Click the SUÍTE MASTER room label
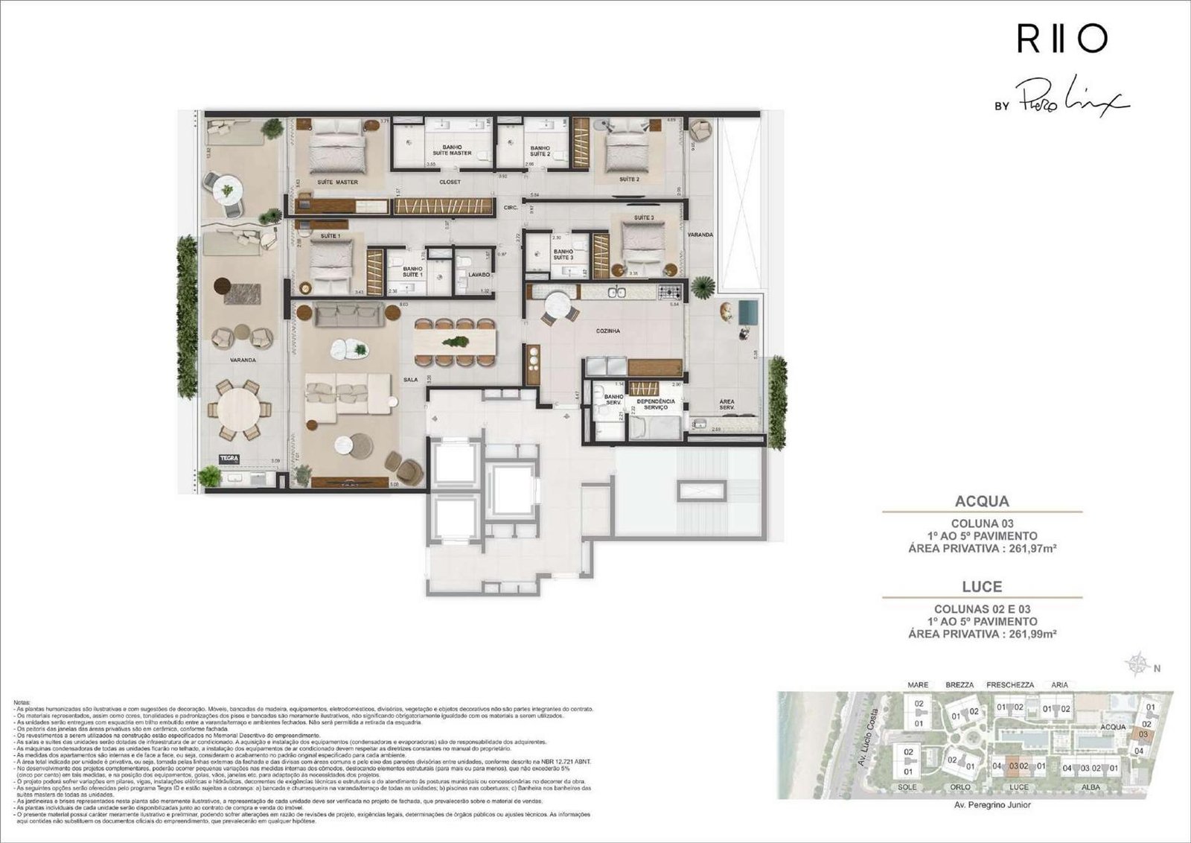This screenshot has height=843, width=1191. click(337, 182)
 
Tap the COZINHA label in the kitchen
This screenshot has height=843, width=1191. click(608, 331)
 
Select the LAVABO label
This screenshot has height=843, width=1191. click(479, 275)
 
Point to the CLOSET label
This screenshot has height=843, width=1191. click(450, 182)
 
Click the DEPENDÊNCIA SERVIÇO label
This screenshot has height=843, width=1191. click(656, 404)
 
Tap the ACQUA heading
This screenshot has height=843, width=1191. click(982, 501)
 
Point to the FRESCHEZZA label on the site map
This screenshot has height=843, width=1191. click(1010, 685)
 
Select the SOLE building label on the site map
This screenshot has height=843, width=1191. click(907, 787)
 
